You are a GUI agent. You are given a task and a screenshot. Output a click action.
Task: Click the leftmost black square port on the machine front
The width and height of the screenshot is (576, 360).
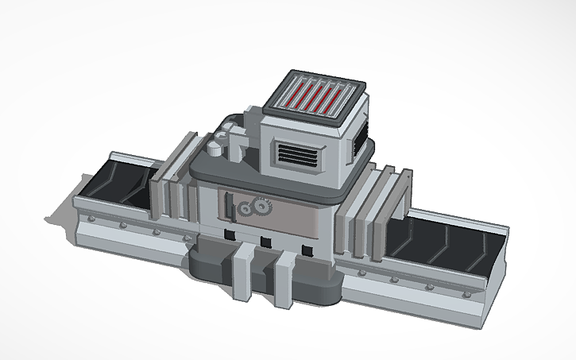pos(229,234)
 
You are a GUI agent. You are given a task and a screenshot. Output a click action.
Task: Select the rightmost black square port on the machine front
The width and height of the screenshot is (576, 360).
pos(307,250)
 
